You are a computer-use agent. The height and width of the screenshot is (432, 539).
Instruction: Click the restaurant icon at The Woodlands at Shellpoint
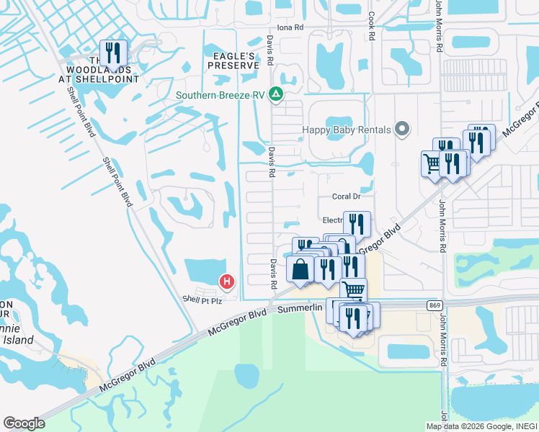(x=113, y=53)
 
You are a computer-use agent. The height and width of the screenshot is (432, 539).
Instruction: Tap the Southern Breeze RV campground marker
(x=275, y=94)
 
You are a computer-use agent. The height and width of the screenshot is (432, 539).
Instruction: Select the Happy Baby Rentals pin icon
(x=403, y=130)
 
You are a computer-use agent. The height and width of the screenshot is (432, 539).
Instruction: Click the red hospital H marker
(x=227, y=282)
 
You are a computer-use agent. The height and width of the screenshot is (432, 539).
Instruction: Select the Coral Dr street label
(x=346, y=196)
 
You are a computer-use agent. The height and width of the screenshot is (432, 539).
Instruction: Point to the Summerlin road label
(x=303, y=309)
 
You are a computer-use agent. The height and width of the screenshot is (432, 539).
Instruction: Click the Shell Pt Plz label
(x=202, y=300)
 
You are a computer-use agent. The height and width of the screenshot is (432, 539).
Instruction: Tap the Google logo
(x=24, y=423)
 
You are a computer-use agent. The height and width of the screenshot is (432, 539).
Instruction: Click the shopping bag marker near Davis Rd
(x=300, y=269)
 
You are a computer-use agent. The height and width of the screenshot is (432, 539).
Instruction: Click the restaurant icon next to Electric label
(x=357, y=224)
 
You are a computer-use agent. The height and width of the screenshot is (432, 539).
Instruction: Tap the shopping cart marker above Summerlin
(x=353, y=290)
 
